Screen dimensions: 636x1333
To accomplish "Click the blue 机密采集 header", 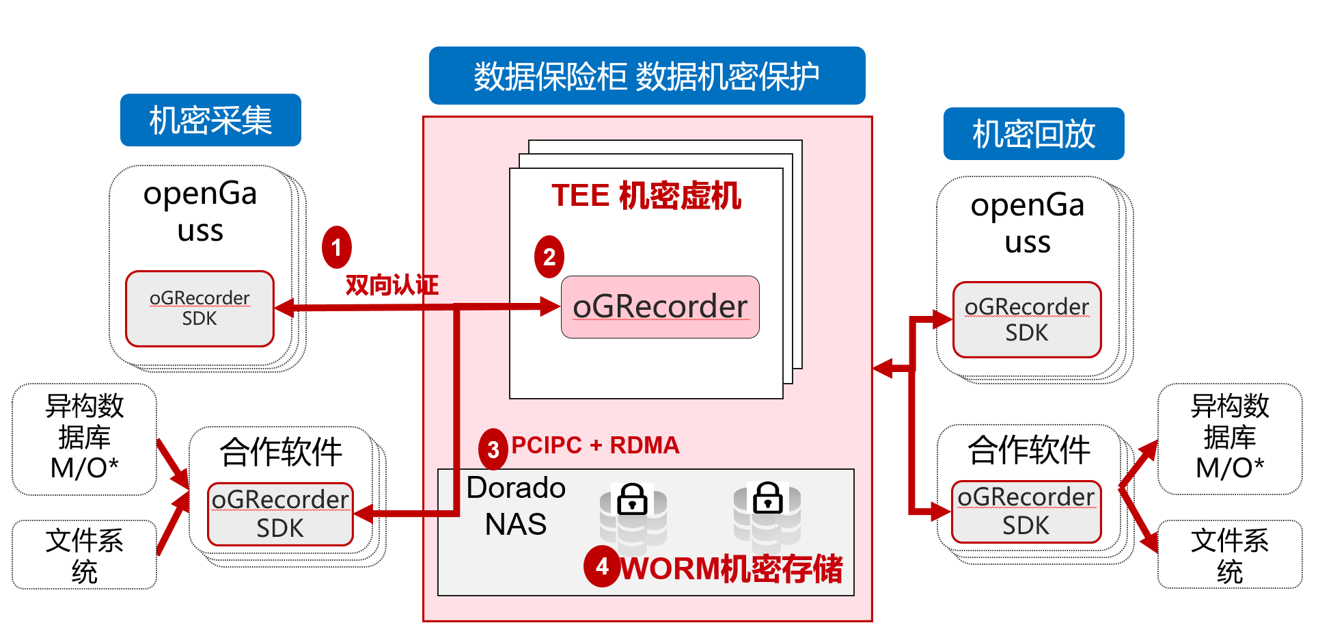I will pyautogui.click(x=210, y=120).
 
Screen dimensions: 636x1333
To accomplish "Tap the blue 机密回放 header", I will pyautogui.click(x=1033, y=134).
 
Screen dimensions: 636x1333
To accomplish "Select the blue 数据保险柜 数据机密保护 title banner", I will pyautogui.click(x=646, y=76).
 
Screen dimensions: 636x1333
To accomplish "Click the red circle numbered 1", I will pyautogui.click(x=336, y=248).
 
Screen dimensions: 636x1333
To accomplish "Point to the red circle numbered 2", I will pyautogui.click(x=549, y=257).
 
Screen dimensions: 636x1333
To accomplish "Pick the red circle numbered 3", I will pyautogui.click(x=493, y=449).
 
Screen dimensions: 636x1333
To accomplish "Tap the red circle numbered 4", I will pyautogui.click(x=601, y=566).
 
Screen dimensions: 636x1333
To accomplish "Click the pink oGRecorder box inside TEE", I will pyautogui.click(x=659, y=307).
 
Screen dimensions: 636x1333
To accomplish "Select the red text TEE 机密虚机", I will pyautogui.click(x=646, y=196).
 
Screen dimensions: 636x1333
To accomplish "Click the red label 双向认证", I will pyautogui.click(x=391, y=284).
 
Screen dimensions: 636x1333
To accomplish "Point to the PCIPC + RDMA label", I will pyautogui.click(x=594, y=445).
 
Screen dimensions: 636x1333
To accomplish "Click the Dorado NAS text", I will pyautogui.click(x=516, y=506).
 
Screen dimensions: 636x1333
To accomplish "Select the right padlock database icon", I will pyautogui.click(x=767, y=516).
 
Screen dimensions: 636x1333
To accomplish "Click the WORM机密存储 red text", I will pyautogui.click(x=731, y=569).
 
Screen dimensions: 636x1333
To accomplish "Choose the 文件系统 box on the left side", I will pyautogui.click(x=84, y=555).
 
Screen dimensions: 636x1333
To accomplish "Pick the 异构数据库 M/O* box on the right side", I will pyautogui.click(x=1229, y=438).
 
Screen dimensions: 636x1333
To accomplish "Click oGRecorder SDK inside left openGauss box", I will pyautogui.click(x=200, y=308).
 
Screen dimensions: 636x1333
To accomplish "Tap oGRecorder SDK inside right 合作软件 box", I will pyautogui.click(x=1026, y=512).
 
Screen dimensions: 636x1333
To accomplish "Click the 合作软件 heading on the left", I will pyautogui.click(x=281, y=452).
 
